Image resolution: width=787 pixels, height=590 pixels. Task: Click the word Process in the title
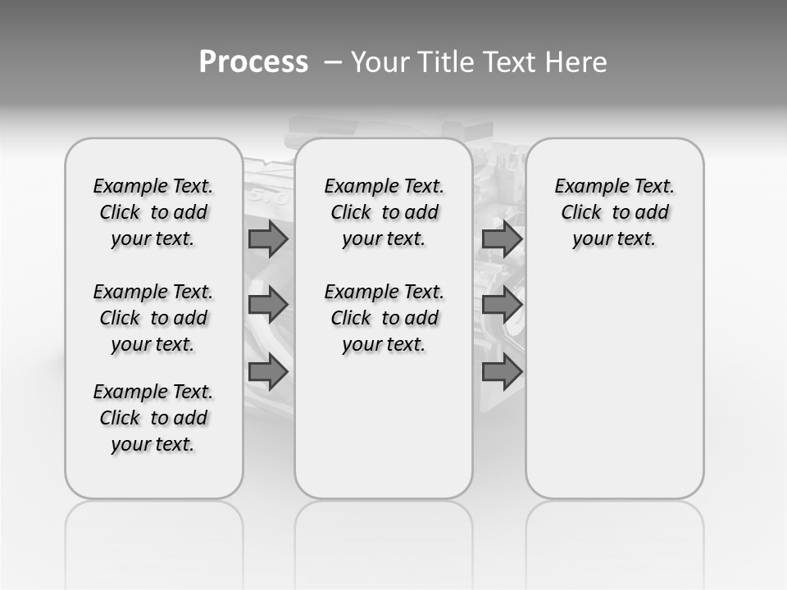click(x=253, y=62)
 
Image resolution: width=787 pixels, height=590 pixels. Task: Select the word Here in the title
click(x=575, y=62)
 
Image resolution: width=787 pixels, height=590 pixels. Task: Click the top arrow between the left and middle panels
click(x=267, y=239)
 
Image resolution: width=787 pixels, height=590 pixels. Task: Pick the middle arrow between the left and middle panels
click(x=267, y=305)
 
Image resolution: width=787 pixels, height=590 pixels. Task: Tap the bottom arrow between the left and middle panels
click(x=267, y=372)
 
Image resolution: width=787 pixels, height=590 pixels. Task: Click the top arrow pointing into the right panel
click(x=502, y=239)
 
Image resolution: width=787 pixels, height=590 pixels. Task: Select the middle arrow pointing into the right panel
click(x=502, y=305)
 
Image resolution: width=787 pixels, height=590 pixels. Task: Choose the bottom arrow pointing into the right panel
click(x=502, y=372)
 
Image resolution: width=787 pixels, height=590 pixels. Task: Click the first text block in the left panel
click(x=153, y=212)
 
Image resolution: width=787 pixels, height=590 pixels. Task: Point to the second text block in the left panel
click(x=153, y=318)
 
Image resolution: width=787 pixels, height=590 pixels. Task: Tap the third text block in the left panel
click(x=153, y=418)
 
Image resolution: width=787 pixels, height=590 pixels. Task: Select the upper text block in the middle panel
click(x=384, y=212)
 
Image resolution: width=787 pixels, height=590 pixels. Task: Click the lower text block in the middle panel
click(x=384, y=318)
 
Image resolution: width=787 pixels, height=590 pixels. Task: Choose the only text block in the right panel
click(x=614, y=212)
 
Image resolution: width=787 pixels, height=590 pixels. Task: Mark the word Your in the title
click(x=381, y=62)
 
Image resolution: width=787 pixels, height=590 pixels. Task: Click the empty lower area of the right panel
click(x=614, y=393)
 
